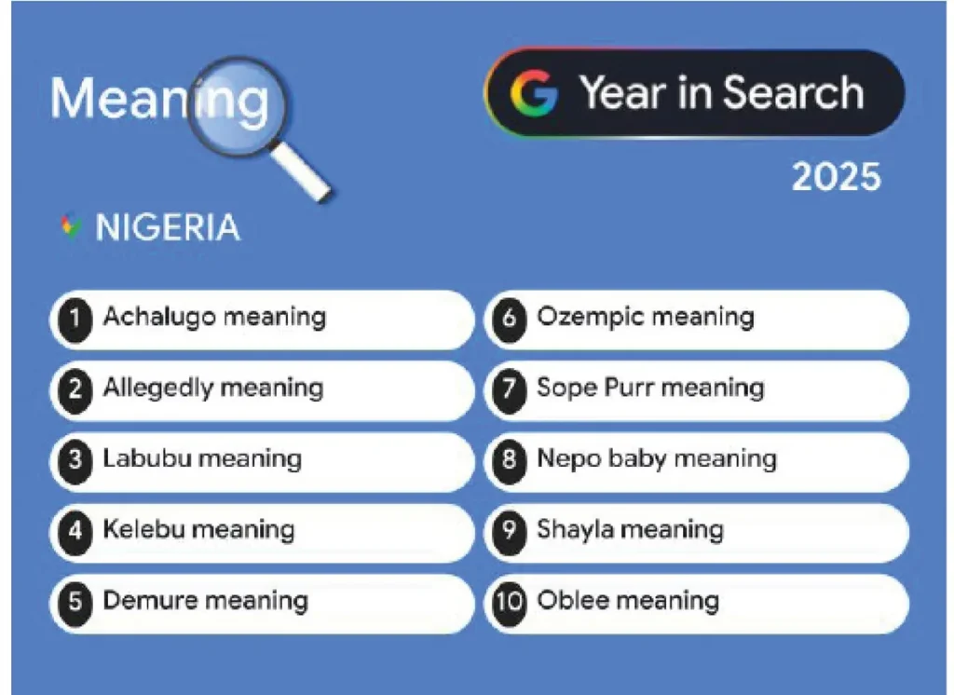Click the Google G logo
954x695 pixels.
(534, 93)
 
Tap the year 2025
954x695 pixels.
(836, 175)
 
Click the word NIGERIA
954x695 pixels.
(168, 227)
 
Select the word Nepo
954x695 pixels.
(563, 458)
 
